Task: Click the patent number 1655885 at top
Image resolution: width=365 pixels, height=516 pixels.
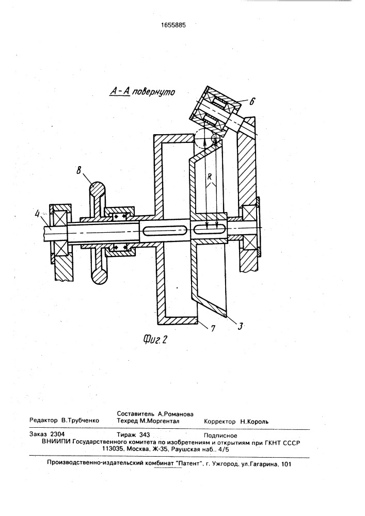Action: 171,24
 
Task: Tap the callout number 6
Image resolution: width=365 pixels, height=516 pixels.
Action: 252,101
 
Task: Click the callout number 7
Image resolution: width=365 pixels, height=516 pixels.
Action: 213,328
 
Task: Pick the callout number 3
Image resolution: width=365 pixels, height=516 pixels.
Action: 240,326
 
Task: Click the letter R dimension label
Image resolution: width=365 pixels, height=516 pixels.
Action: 210,176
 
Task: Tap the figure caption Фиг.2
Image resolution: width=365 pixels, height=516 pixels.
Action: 155,338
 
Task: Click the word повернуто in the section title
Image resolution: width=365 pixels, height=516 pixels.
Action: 153,92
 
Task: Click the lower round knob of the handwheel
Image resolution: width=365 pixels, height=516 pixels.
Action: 99,275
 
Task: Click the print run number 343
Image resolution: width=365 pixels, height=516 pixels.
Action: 145,434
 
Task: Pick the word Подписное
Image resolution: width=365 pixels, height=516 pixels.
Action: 220,436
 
